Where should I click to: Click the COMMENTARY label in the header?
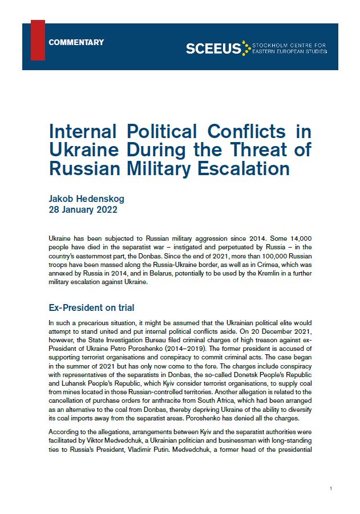[76, 42]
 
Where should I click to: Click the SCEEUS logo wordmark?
[213, 49]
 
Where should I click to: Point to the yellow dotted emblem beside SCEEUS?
[246, 47]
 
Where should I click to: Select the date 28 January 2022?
[84, 209]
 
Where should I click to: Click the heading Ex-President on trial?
[92, 307]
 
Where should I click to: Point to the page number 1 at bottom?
[331, 489]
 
